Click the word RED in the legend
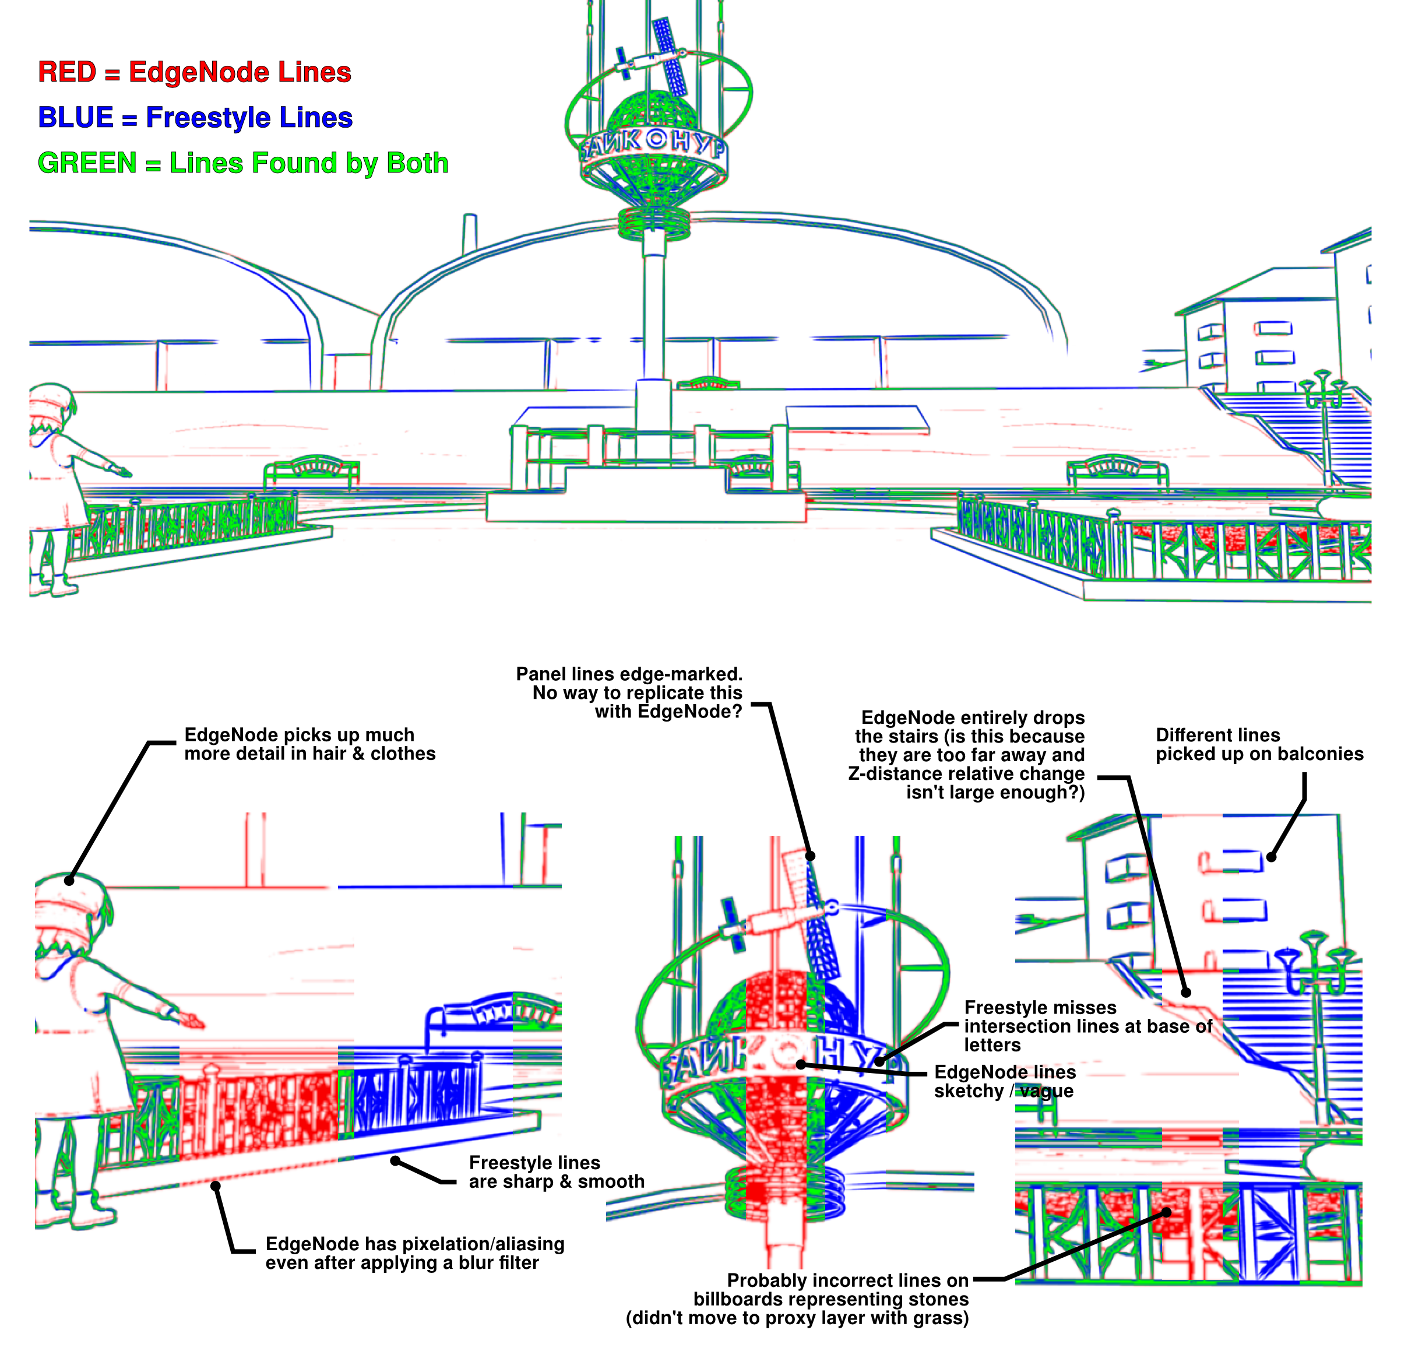point(66,72)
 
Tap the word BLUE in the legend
point(75,118)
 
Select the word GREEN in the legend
point(86,163)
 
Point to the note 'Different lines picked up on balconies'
point(1259,744)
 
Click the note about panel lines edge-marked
point(629,692)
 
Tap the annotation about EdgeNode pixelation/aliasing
point(414,1253)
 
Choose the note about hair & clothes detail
point(309,744)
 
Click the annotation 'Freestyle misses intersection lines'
point(1086,1026)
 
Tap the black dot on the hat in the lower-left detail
point(69,881)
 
